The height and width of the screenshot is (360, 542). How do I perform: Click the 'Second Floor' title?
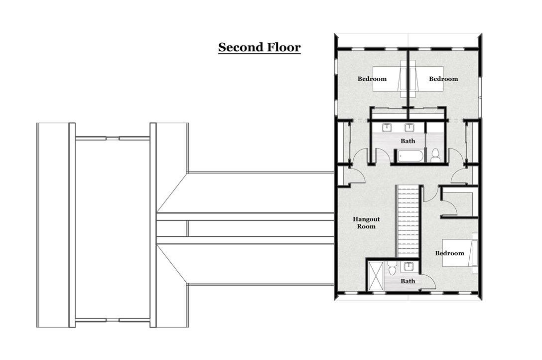[x=260, y=47]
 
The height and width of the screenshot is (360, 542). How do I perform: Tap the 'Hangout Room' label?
[x=366, y=222]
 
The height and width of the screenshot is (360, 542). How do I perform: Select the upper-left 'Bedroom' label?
[x=372, y=79]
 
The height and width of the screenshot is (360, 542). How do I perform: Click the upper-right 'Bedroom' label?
[x=443, y=79]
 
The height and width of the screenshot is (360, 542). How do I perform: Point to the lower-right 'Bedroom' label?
[x=449, y=253]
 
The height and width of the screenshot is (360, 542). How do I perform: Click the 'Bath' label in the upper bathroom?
[x=407, y=141]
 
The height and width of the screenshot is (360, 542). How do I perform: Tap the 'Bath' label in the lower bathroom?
[x=407, y=281]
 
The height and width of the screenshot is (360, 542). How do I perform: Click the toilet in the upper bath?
[x=435, y=156]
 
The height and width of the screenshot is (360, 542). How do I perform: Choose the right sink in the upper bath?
[x=409, y=128]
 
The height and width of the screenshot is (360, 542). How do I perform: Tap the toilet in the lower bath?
[x=392, y=269]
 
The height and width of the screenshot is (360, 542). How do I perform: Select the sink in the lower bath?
[x=409, y=266]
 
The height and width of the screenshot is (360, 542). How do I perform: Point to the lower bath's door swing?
[x=428, y=282]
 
